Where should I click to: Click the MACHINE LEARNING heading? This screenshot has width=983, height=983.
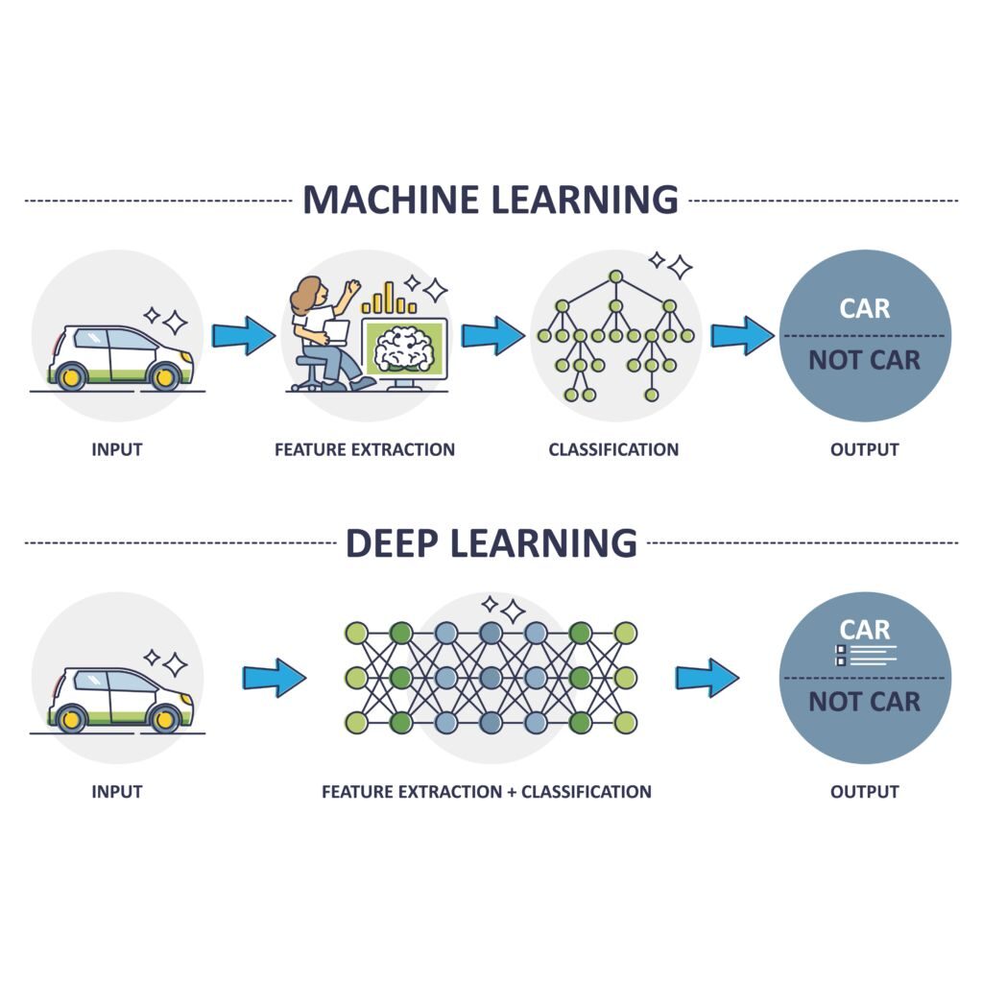(491, 200)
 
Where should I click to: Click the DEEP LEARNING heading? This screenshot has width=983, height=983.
(491, 542)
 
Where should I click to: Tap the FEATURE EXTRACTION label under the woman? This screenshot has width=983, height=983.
(365, 449)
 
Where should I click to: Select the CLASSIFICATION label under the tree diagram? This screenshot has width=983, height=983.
(613, 449)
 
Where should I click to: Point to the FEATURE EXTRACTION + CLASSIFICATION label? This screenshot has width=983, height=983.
(487, 792)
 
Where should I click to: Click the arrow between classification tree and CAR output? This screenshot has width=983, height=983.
(741, 335)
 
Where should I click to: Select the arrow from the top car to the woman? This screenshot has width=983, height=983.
(243, 335)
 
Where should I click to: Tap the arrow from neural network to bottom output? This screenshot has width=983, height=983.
(707, 678)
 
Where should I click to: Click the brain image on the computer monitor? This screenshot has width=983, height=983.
(404, 348)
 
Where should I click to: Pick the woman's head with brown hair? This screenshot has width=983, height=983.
(309, 293)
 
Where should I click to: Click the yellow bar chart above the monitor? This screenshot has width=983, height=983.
(389, 300)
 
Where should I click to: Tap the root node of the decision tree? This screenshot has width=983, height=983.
(615, 276)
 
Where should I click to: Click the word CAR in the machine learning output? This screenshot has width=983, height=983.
(865, 308)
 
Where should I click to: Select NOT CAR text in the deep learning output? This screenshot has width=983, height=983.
(865, 702)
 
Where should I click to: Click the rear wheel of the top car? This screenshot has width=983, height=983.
(72, 376)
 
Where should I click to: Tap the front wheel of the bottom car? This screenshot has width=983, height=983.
(165, 719)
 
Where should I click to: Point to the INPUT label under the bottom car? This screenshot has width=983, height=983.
(117, 792)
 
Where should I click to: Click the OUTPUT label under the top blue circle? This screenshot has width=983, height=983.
(865, 449)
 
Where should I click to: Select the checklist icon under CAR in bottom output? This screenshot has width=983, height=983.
(842, 655)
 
